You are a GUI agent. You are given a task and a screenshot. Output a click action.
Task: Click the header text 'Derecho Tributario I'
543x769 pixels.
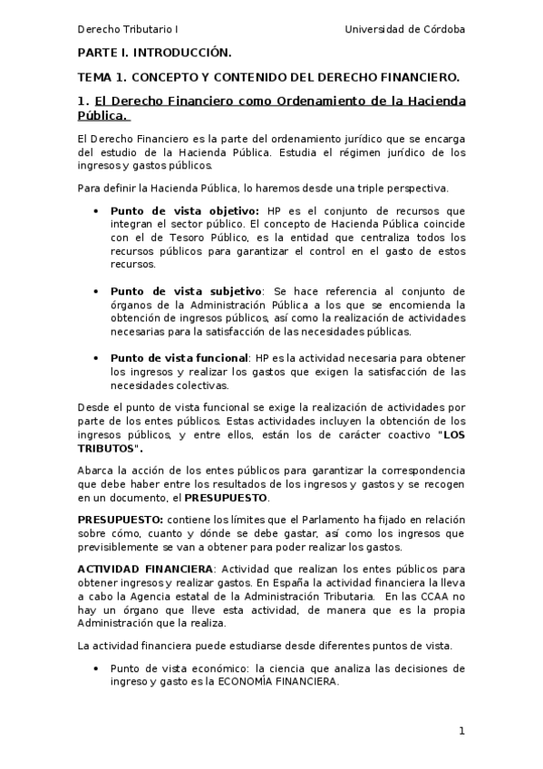coord(127,29)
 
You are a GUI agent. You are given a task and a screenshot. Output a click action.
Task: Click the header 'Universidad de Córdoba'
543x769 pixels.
coord(405,29)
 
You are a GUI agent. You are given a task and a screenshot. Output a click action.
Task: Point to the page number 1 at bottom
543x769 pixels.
coord(461,731)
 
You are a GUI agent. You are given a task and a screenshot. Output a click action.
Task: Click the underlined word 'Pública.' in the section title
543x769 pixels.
coord(103,115)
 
